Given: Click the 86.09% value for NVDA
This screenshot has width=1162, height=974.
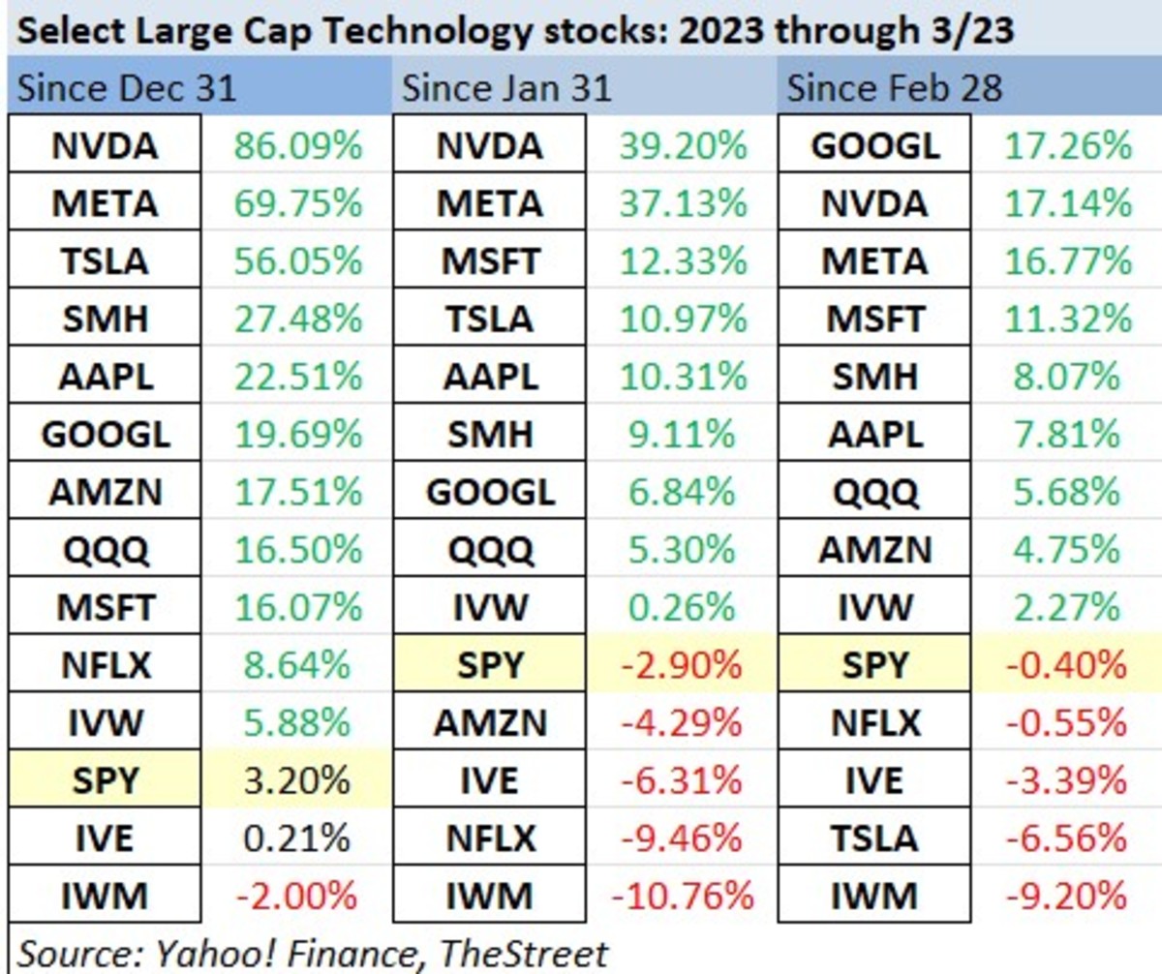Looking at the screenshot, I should (297, 146).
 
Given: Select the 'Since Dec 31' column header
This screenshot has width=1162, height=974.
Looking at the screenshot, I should (127, 89).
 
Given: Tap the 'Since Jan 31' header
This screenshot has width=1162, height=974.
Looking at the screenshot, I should (506, 89).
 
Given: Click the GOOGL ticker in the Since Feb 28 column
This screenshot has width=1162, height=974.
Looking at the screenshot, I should (874, 146).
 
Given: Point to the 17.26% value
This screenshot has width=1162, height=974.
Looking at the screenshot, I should (1068, 146).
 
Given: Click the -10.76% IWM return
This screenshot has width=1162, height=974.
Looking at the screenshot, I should (682, 896).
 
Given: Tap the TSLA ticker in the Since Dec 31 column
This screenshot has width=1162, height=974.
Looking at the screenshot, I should (106, 261).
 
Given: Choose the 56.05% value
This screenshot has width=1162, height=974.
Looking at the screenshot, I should (297, 261).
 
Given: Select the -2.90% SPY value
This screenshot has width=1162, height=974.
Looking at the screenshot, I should (682, 665).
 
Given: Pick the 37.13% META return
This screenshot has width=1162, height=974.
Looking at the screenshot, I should (682, 204).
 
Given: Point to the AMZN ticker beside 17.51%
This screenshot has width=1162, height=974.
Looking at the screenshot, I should (106, 492).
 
